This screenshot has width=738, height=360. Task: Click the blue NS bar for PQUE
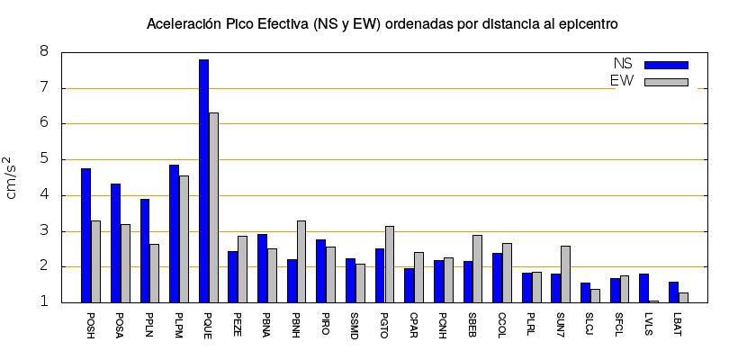tap(203, 180)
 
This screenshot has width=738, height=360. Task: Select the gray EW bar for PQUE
tap(213, 207)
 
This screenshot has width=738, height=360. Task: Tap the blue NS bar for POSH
tap(85, 235)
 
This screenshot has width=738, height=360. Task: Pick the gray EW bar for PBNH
tap(301, 261)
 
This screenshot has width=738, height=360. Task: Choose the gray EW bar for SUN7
tap(565, 274)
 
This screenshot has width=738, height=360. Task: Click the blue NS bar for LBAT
tap(673, 292)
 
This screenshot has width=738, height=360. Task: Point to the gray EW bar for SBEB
tap(477, 268)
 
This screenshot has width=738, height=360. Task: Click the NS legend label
tap(623, 64)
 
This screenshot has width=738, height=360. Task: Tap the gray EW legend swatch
tap(666, 82)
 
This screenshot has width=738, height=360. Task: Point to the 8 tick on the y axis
tap(44, 52)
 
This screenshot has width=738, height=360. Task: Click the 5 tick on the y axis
tap(44, 159)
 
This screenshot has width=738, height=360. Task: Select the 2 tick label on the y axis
tap(44, 267)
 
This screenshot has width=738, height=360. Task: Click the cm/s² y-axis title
tap(13, 177)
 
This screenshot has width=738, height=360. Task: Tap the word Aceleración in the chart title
tap(183, 23)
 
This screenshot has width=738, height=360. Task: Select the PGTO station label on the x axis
tap(384, 328)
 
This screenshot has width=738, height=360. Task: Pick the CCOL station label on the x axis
tap(501, 328)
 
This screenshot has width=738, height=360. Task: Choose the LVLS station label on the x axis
tap(648, 328)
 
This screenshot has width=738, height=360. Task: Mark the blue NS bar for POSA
tap(115, 243)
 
